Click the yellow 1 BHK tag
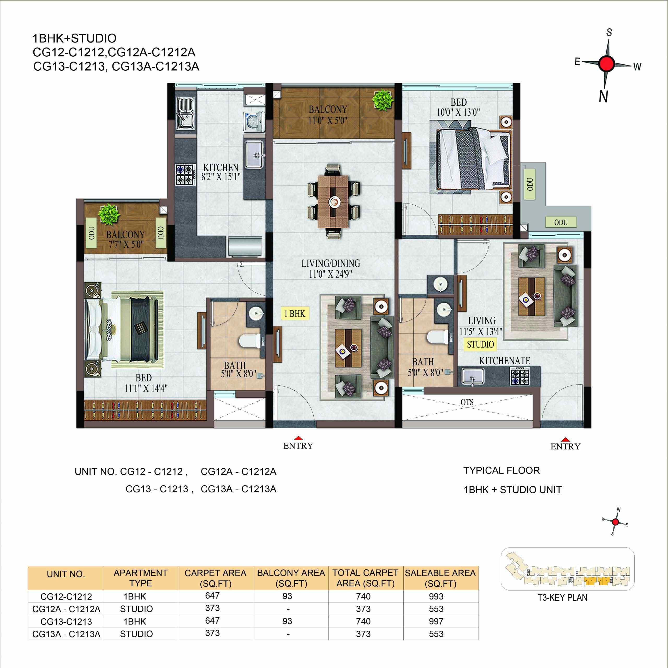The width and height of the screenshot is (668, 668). (x=295, y=314)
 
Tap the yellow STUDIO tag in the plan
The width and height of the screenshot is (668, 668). (x=480, y=344)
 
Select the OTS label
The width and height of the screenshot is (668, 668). (x=467, y=402)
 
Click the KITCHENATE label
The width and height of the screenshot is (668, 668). (x=504, y=361)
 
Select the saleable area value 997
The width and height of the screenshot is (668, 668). (x=436, y=621)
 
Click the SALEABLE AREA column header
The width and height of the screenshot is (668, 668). (x=440, y=578)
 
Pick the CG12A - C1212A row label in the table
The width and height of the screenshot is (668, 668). (x=66, y=609)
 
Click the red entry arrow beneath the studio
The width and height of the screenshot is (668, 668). (x=565, y=439)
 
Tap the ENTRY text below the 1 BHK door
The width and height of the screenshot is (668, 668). (x=298, y=446)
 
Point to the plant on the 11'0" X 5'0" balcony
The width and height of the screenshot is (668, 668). (x=383, y=100)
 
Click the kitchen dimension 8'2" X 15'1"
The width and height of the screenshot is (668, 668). (x=221, y=177)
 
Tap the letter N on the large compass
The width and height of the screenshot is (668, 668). (x=603, y=96)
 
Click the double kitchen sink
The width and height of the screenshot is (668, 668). (x=185, y=113)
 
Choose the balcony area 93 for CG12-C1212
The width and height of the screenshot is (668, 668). (x=287, y=596)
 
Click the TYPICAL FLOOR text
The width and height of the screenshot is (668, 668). (x=501, y=470)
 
